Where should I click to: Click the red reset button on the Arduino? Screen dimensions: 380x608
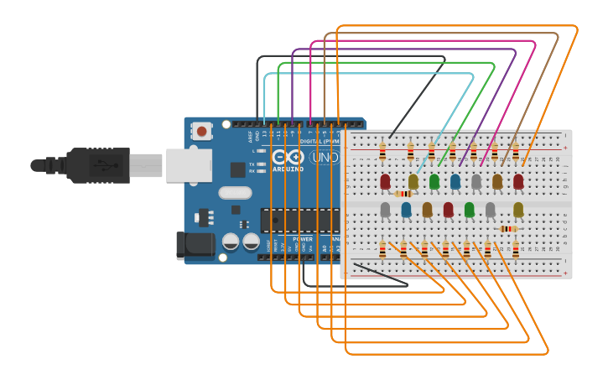tap(202, 131)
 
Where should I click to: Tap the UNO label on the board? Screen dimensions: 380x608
tap(324, 157)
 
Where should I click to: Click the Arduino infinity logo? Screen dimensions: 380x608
tap(288, 157)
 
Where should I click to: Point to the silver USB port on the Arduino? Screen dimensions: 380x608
tap(190, 165)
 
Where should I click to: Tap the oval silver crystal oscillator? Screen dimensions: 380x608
tap(235, 193)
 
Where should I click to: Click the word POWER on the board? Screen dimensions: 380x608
tap(303, 238)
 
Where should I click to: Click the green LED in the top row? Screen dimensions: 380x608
tap(434, 181)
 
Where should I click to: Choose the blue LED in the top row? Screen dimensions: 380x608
tap(455, 181)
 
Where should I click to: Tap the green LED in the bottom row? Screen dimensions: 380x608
tap(469, 209)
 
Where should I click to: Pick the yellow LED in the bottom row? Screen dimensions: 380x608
tap(518, 210)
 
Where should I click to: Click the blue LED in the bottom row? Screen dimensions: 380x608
tap(406, 209)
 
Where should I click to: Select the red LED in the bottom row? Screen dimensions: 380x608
tap(448, 209)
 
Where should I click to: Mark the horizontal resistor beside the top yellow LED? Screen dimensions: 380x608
tap(403, 194)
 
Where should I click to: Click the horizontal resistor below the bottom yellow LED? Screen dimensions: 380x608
tap(508, 228)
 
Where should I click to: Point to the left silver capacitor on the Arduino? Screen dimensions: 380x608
tap(231, 242)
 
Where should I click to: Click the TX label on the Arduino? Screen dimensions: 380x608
tap(252, 164)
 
